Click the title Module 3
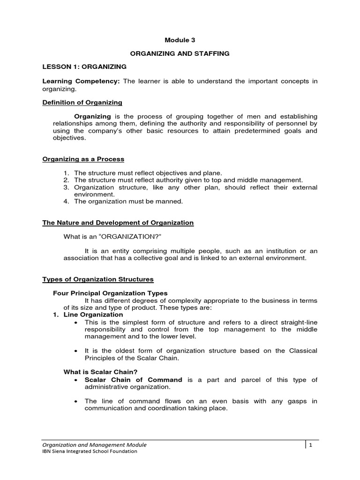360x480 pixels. tap(180, 41)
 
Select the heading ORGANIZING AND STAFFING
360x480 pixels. tap(180, 54)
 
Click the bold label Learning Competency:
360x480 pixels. tap(81, 81)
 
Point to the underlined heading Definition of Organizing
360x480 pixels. tap(82, 102)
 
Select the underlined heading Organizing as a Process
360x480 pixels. tap(83, 159)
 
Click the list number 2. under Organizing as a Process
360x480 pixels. tap(66, 180)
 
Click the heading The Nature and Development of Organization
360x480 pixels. tap(118, 223)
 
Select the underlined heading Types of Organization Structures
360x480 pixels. tap(98, 279)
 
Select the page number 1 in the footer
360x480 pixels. tap(310, 445)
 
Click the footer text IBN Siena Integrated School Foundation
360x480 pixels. tap(90, 451)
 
